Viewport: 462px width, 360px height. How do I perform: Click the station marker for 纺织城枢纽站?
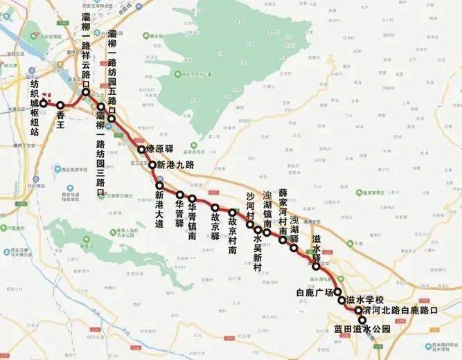pos(43,103)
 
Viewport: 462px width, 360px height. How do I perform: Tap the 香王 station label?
pos(65,114)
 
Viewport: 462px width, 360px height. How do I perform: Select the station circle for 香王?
pos(60,105)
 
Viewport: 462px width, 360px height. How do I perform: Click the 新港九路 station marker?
pos(152,165)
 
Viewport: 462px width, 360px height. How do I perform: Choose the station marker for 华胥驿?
pos(179,195)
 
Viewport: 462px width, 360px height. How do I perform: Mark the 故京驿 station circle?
pos(215,208)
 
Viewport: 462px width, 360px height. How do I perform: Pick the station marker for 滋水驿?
pos(316,266)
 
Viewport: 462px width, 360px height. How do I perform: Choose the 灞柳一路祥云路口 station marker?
pos(86,91)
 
